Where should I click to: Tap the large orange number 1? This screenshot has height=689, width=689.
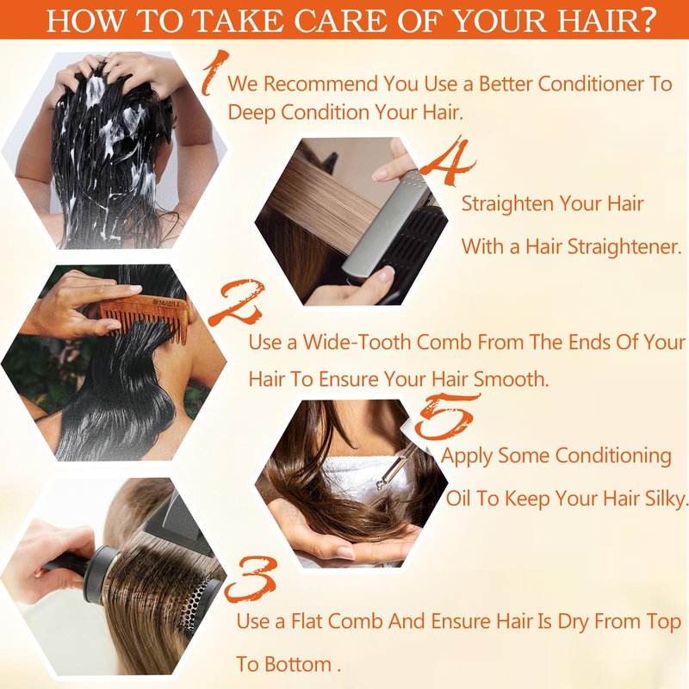pyautogui.click(x=215, y=72)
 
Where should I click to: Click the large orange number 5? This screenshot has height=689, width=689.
pyautogui.click(x=446, y=417)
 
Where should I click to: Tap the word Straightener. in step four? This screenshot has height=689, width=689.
pyautogui.click(x=624, y=246)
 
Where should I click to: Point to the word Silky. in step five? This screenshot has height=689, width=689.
pyautogui.click(x=665, y=499)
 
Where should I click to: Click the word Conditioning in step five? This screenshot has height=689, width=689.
pyautogui.click(x=613, y=456)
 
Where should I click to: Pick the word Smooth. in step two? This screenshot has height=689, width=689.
pyautogui.click(x=512, y=379)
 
